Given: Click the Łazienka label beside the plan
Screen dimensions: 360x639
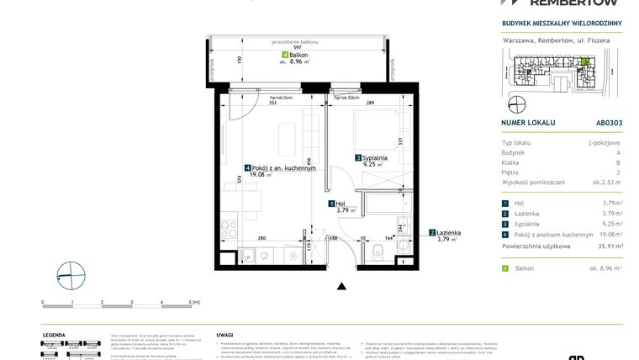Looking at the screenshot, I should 447,232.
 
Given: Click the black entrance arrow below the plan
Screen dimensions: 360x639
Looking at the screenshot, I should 341,287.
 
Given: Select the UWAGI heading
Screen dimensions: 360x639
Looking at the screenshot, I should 224,334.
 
